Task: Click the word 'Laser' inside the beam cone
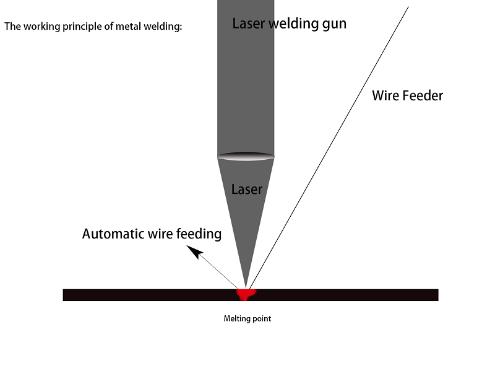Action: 247,190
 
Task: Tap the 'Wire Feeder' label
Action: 407,96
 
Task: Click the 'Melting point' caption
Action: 247,319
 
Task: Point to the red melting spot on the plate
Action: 247,293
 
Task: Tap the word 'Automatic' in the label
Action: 113,234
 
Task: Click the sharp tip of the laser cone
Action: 246,287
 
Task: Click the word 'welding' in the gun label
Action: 290,24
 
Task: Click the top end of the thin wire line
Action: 408,7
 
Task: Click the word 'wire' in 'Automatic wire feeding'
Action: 160,234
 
